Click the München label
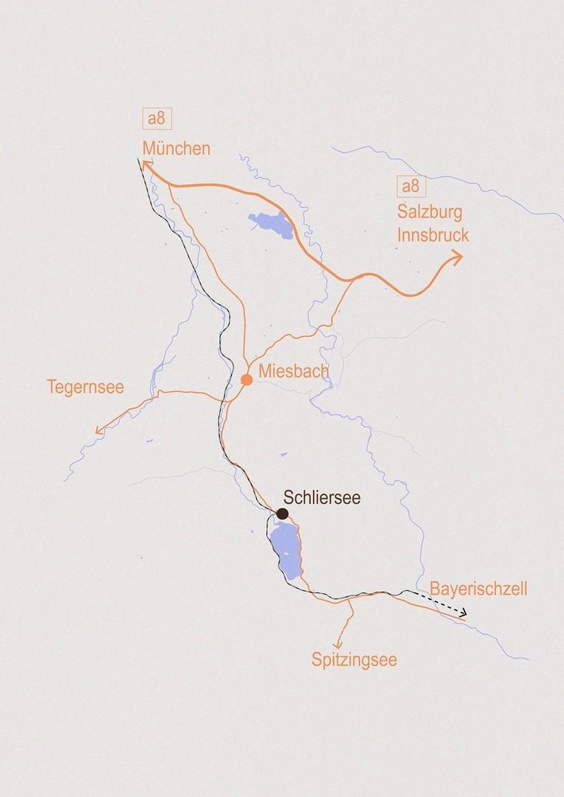[176, 148]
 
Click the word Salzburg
[430, 213]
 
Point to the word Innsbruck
[433, 235]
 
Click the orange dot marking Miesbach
[247, 379]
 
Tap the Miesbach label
[293, 371]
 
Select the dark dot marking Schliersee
[282, 513]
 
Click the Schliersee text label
[322, 498]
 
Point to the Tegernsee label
[86, 387]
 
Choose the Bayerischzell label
[478, 589]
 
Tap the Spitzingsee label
[354, 660]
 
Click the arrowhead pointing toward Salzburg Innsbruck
[456, 257]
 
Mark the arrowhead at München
[146, 168]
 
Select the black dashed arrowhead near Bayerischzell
[462, 613]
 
